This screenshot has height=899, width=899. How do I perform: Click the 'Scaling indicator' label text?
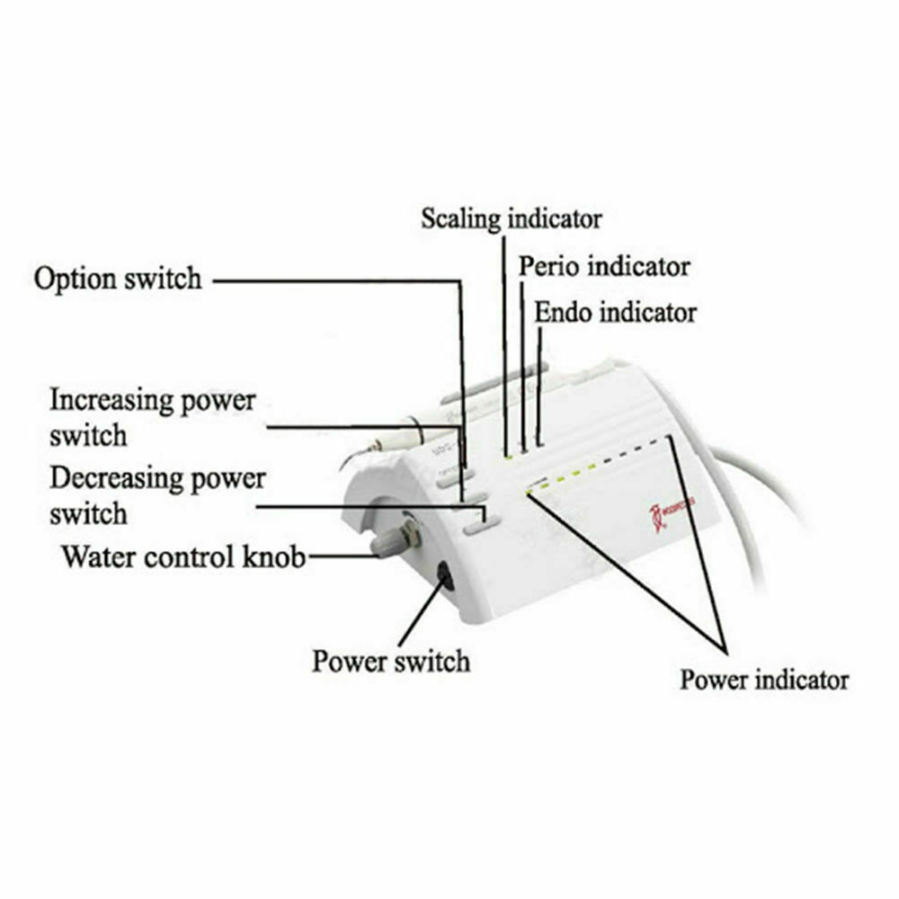point(511,218)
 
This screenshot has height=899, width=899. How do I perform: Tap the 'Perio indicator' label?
point(604,266)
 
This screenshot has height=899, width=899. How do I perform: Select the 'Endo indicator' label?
point(615,313)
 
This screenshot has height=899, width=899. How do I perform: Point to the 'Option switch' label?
point(118,278)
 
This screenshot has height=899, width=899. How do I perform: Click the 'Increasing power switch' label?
point(152,417)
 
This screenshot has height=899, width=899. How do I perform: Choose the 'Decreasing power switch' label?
point(157,494)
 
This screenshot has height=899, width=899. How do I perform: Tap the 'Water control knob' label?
point(183,556)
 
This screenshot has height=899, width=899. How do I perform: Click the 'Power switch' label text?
point(391,662)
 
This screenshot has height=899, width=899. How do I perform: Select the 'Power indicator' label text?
point(763,679)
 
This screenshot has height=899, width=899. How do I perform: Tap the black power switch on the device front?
point(444,574)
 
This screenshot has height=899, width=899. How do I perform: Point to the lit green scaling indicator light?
point(508,456)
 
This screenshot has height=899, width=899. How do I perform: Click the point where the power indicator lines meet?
point(725,646)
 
